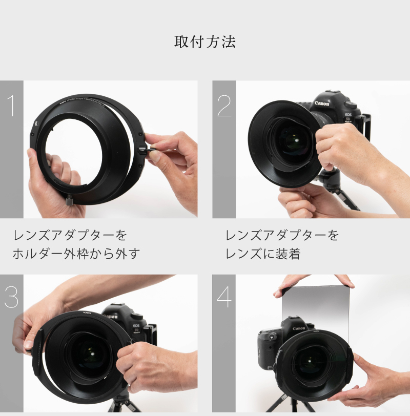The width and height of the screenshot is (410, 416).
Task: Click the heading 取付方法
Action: [204, 42]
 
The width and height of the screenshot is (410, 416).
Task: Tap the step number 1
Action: [11, 105]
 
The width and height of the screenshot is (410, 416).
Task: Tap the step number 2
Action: [224, 105]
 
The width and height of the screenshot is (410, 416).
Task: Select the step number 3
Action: [11, 297]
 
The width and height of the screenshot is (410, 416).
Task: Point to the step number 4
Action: [224, 297]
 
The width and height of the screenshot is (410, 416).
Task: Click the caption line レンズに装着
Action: [262, 254]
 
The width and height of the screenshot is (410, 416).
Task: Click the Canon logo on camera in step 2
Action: [322, 103]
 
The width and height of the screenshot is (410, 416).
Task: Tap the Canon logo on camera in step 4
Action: [299, 328]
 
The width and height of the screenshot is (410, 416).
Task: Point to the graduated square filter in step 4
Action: [315, 307]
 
